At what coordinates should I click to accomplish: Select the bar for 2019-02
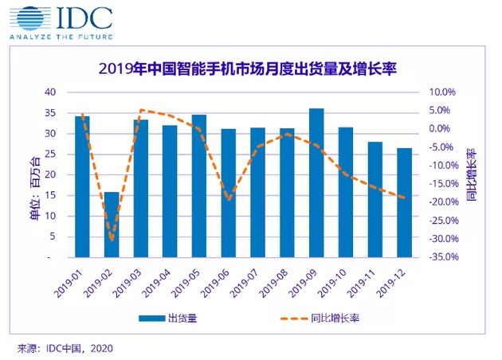112,225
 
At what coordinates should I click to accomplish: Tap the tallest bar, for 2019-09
316,182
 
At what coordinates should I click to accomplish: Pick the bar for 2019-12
404,202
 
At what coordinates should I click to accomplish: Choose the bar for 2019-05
199,186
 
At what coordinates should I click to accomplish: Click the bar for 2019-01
82,186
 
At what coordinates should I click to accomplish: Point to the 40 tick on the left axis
49,92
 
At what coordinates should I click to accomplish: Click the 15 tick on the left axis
49,196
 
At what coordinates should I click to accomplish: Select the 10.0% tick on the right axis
443,92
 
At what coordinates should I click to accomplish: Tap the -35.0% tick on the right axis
441,257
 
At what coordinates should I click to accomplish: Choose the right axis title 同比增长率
471,174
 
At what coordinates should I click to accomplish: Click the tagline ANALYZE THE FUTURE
60,37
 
